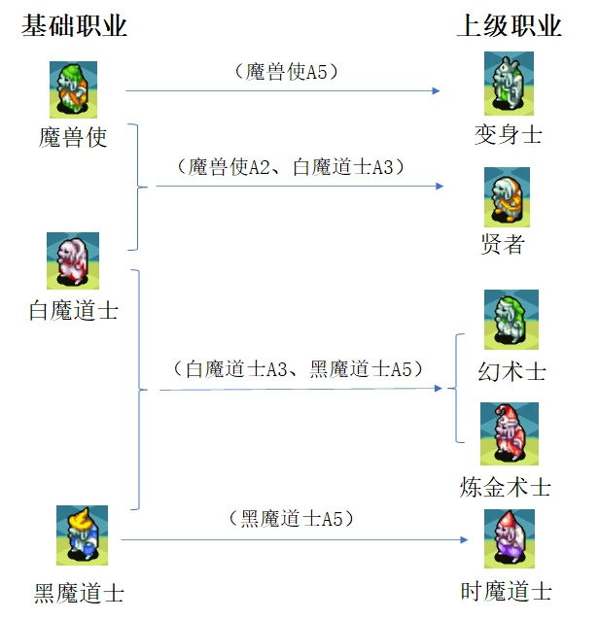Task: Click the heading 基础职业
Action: click(74, 26)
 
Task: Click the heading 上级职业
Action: click(510, 26)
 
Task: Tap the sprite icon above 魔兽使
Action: click(73, 90)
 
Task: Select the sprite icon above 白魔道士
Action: click(73, 261)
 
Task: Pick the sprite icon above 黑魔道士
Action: click(82, 535)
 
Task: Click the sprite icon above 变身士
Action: click(509, 85)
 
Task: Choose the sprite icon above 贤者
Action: click(507, 197)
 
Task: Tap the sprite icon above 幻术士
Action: click(511, 320)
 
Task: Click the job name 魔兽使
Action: click(73, 137)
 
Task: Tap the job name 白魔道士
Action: click(74, 311)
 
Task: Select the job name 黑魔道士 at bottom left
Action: click(80, 591)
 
